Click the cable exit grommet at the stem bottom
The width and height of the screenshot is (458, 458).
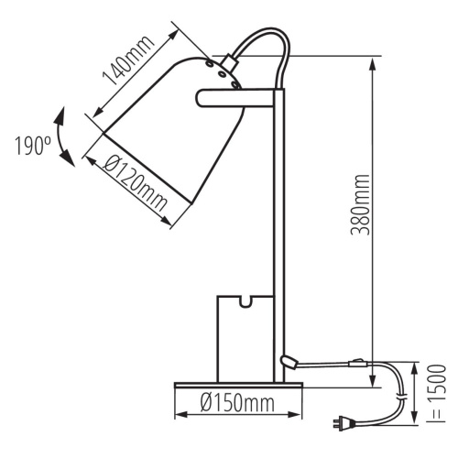tap(289, 364)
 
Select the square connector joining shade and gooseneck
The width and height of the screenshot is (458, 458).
tap(224, 67)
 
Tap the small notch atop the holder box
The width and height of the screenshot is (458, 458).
tap(245, 300)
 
